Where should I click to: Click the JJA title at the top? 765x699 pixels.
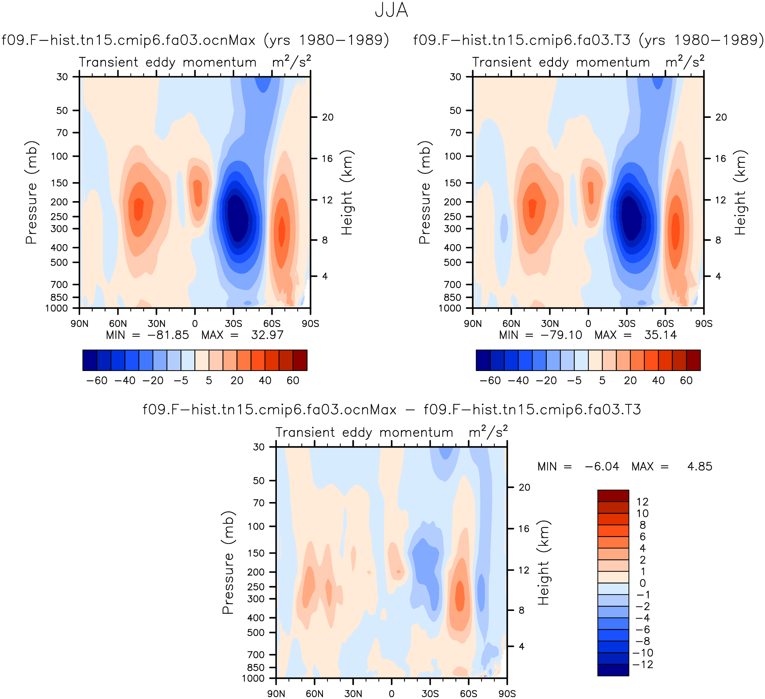[x=391, y=10]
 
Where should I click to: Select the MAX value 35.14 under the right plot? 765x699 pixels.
[x=660, y=335]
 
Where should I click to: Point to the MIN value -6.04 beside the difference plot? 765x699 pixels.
[x=602, y=466]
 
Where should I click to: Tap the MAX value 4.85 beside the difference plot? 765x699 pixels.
[x=700, y=466]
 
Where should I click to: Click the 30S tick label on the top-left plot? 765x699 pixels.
[x=234, y=324]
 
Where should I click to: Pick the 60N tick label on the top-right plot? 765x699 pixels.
[x=511, y=324]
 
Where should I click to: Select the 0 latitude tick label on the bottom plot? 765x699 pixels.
[x=391, y=694]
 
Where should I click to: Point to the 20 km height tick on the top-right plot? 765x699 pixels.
[x=721, y=117]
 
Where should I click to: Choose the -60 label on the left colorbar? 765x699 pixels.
[x=97, y=380]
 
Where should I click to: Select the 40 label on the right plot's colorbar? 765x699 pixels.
[x=658, y=380]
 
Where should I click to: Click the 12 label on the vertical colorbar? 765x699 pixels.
[x=642, y=502]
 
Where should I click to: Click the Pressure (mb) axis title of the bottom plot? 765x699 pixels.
[x=228, y=563]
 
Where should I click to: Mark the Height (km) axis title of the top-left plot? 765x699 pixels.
[x=347, y=193]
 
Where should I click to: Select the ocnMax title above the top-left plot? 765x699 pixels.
[x=195, y=40]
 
